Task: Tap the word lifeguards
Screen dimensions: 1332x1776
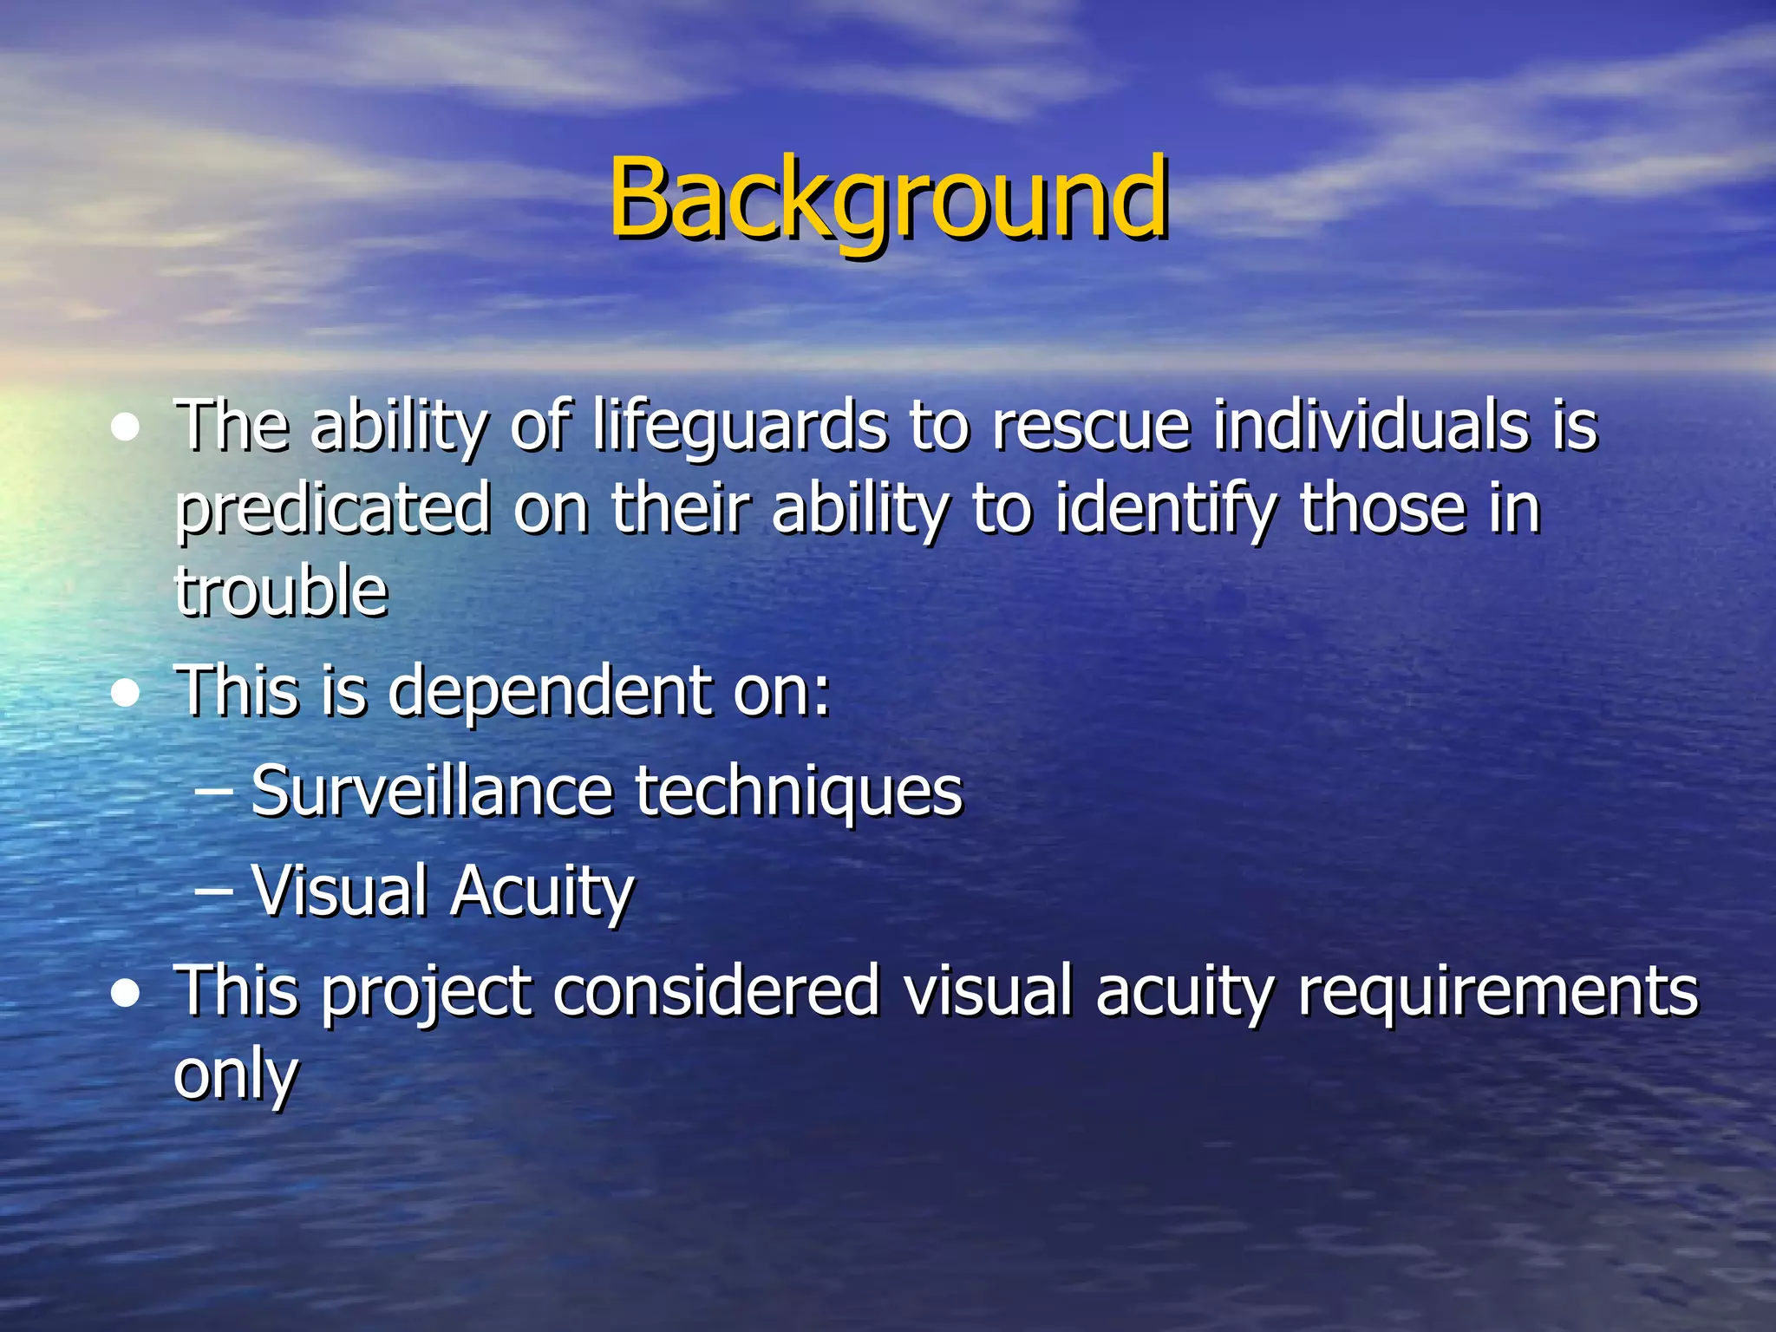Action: coord(740,427)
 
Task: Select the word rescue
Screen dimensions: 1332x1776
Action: coord(1090,427)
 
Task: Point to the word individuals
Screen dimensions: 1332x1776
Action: coord(1370,427)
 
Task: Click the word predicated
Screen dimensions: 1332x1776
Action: coord(332,510)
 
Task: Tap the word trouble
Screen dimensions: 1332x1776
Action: coord(281,591)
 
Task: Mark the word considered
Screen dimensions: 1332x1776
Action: coord(716,990)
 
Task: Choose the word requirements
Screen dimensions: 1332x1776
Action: coord(1498,992)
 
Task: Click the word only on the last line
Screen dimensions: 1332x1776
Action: coord(236,1076)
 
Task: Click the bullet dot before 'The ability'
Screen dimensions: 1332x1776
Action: coord(127,428)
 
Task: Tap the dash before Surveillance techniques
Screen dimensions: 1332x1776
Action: coord(213,792)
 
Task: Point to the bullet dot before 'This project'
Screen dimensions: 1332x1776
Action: coord(127,993)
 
